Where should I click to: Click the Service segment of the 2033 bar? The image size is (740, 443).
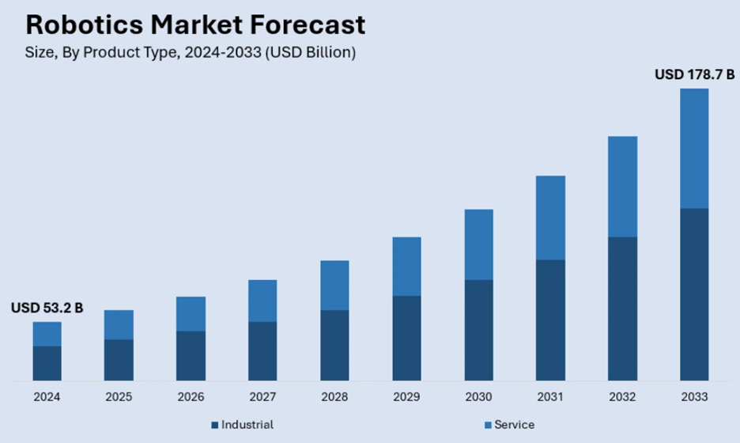(x=693, y=148)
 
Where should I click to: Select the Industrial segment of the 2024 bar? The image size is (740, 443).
(x=47, y=363)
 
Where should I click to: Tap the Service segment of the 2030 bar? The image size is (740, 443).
(x=478, y=244)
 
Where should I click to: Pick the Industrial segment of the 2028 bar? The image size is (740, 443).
(x=334, y=345)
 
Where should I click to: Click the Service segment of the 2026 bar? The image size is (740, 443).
(x=191, y=313)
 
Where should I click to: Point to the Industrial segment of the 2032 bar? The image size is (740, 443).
(x=622, y=309)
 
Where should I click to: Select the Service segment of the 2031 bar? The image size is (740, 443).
(x=550, y=218)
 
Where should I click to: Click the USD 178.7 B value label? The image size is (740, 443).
(x=694, y=75)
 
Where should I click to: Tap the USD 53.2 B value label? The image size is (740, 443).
(x=47, y=309)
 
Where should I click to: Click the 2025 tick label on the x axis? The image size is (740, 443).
(x=119, y=397)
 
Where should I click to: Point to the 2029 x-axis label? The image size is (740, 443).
(x=406, y=397)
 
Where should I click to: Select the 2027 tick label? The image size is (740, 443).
(x=262, y=397)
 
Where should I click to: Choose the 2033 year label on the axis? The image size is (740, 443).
(x=694, y=397)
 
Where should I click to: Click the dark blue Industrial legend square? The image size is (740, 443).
(x=214, y=426)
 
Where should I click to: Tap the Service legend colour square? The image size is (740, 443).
(x=487, y=426)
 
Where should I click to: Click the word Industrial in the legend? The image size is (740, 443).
(x=247, y=425)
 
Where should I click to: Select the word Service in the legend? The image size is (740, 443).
(x=514, y=425)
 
